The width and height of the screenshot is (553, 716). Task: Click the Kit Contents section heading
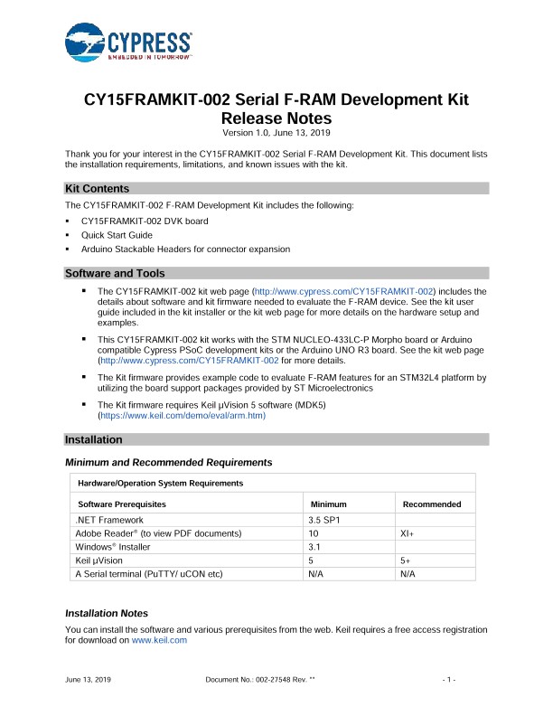[x=97, y=188]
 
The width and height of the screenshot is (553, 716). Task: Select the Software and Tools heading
[x=115, y=273]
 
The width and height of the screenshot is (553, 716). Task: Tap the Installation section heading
[x=93, y=439]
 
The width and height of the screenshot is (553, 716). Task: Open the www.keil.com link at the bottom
[x=159, y=639]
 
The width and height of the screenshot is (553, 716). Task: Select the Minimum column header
[x=328, y=504]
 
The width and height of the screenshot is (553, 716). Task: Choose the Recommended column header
[x=431, y=504]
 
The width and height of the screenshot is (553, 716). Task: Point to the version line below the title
[x=276, y=134]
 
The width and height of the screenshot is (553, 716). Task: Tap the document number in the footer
[x=260, y=678]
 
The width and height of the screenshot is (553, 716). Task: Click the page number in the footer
[x=446, y=678]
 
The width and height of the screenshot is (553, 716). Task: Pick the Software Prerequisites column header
[x=122, y=504]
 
